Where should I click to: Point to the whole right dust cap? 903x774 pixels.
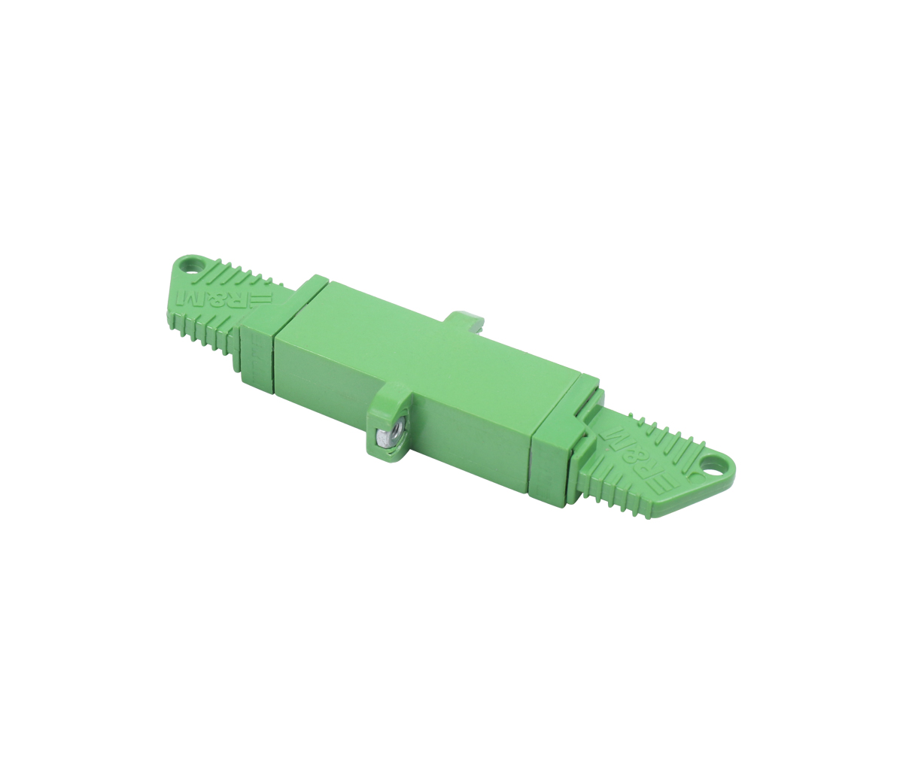655,466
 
